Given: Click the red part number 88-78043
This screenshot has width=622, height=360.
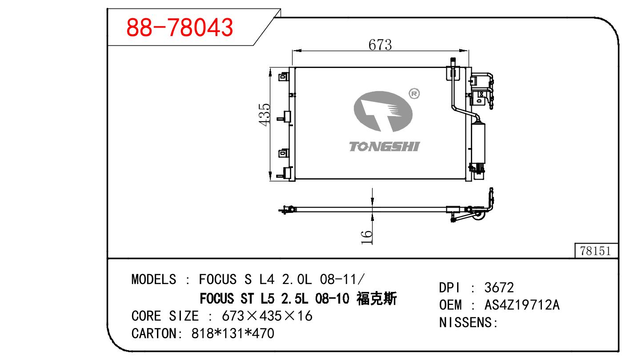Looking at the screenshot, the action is (180, 27).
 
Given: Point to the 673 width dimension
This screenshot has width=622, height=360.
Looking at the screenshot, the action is (380, 45).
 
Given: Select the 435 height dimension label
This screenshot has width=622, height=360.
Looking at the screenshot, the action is (264, 114).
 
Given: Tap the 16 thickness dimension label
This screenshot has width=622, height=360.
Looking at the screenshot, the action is (366, 237).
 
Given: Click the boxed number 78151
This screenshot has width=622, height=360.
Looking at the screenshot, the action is (595, 251).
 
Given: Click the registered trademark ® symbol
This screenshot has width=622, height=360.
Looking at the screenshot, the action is (414, 94).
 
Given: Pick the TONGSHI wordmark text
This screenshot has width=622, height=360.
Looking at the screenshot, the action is (384, 147).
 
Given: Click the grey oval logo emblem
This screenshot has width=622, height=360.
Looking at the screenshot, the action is (383, 111).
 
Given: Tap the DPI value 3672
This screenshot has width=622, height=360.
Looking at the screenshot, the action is (499, 288).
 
